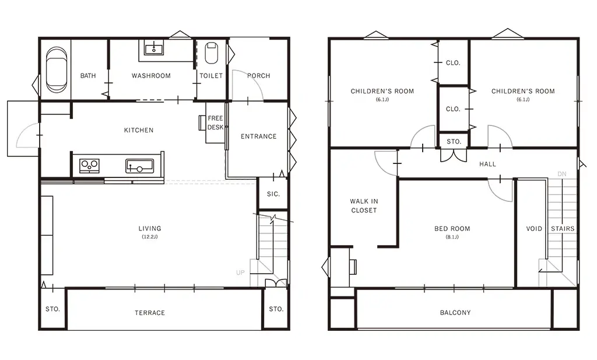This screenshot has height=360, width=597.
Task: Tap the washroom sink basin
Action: click(154, 48)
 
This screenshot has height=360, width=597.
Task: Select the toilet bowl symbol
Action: click(211, 53)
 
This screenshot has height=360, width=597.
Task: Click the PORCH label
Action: click(258, 75)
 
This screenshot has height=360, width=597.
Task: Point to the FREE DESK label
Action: click(216, 123)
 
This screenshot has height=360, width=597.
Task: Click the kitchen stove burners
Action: click(89, 165)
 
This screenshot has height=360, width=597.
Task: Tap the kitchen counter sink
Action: click(140, 166)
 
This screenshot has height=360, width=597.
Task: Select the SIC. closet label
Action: click(273, 194)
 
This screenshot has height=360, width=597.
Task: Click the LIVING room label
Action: click(150, 229)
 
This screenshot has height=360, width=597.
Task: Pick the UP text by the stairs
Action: click(240, 272)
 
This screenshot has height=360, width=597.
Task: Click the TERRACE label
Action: click(150, 313)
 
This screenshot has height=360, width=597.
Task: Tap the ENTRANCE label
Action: click(258, 137)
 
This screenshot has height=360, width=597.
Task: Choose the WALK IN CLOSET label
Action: click(364, 206)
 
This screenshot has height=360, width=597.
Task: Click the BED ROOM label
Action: click(452, 229)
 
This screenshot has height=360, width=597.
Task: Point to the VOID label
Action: click(534, 229)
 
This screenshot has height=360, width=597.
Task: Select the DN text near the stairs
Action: click(562, 174)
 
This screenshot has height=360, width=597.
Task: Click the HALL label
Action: click(488, 164)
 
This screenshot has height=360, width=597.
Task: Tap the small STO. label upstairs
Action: click(454, 142)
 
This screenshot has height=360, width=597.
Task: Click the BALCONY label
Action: click(455, 313)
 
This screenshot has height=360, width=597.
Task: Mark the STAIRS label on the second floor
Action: click(563, 229)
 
